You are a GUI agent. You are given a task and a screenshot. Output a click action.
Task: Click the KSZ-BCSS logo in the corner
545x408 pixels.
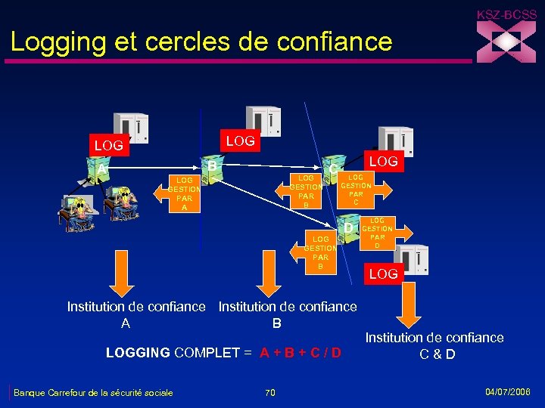tap(506, 38)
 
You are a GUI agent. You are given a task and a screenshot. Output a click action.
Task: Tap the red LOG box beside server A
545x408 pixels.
tap(108, 144)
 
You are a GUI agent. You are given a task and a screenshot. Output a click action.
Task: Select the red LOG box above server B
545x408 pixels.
tap(241, 140)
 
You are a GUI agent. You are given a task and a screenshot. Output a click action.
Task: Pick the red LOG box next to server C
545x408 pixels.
tap(383, 162)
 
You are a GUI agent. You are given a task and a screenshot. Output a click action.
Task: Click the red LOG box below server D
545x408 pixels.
tap(383, 274)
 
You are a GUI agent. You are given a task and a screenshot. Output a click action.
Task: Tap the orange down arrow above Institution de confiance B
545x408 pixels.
tap(269, 274)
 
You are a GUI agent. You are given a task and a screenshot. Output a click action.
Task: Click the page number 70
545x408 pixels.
tap(270, 392)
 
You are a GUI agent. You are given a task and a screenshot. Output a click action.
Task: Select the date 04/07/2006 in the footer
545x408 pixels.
tap(508, 391)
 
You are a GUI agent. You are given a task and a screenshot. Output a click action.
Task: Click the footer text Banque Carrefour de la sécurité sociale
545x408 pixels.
tap(93, 392)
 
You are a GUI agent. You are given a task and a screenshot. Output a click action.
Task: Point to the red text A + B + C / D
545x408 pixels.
tap(300, 353)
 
